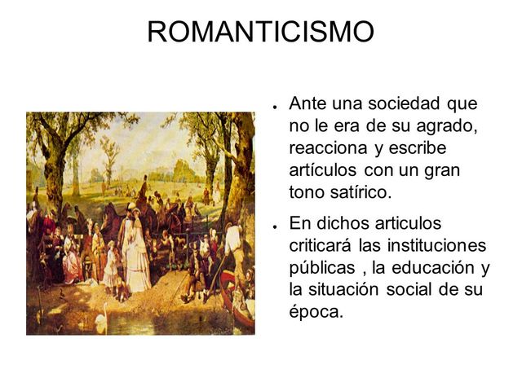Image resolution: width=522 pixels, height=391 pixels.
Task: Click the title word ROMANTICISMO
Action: tap(260, 31)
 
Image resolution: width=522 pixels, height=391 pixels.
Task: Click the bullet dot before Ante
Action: tap(278, 107)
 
